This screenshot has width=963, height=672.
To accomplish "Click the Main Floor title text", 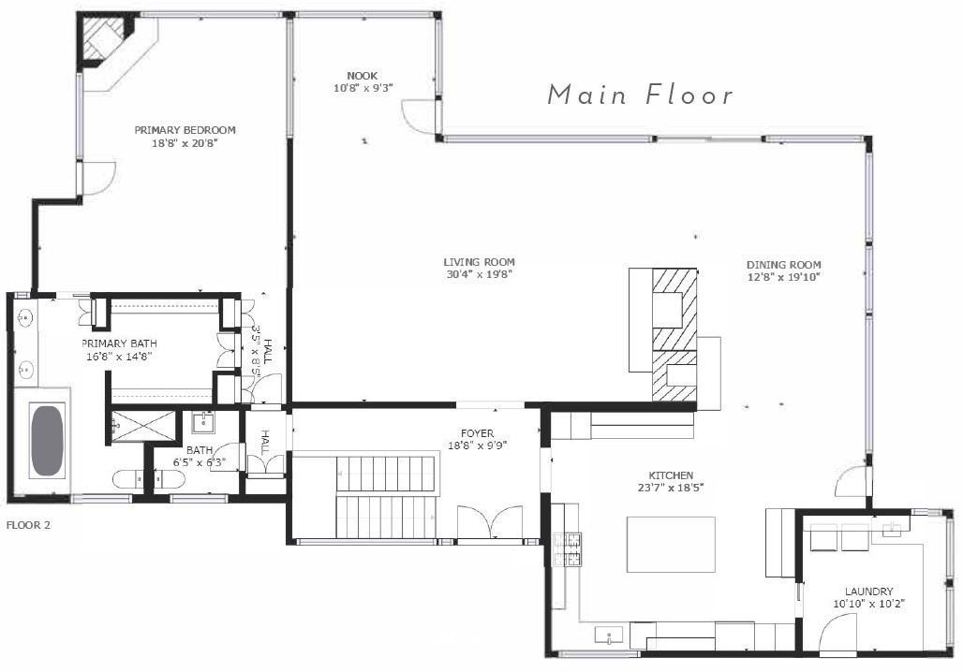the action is (x=641, y=95).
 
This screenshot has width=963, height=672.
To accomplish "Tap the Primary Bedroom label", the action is (x=185, y=130).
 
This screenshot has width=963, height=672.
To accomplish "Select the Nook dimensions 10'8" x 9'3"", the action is (x=363, y=88).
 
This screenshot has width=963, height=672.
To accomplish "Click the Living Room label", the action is (x=479, y=262).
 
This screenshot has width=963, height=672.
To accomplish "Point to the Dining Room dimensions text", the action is (x=784, y=277).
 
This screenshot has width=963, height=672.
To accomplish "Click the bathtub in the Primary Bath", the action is (x=47, y=440).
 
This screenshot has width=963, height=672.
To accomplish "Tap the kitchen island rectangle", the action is (x=671, y=545).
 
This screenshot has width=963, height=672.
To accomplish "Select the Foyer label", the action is (x=477, y=433).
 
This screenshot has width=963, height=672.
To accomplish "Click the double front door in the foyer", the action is (x=490, y=523).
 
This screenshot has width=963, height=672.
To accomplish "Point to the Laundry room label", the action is (x=869, y=592).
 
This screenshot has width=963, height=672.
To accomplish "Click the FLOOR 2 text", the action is (x=28, y=525).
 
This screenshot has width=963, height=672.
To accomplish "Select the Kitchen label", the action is (x=671, y=475).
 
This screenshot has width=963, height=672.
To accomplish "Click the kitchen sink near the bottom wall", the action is (x=609, y=635).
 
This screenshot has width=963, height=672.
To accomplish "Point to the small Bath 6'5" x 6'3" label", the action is (x=199, y=456).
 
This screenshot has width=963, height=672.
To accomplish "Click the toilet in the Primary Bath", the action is (x=127, y=478).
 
